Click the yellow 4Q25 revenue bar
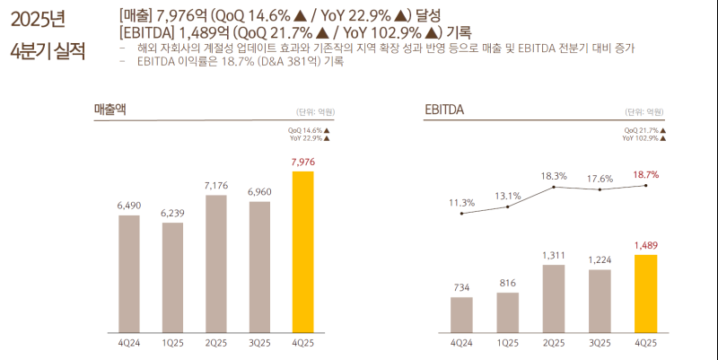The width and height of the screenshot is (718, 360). coord(303,251)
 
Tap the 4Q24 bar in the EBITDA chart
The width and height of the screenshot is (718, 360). coord(461,313)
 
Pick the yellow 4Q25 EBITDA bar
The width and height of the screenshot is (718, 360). coord(645,293)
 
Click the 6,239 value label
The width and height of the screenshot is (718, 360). coord(173,213)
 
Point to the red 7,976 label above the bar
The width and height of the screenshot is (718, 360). coord(303,162)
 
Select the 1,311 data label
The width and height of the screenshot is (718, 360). coord(554,256)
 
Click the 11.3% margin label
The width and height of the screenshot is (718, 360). coord(461,203)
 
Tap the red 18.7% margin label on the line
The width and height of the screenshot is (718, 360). coord(645,175)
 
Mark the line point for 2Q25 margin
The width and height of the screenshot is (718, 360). coord(554,187)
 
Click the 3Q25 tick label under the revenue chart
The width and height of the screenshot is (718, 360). coord(260,343)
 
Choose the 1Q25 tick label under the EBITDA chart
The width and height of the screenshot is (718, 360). coord(508,343)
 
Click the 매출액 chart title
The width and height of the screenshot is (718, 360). coord(111,110)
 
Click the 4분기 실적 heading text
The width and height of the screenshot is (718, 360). coord(47,49)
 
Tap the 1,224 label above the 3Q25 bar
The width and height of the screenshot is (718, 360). coord(600,260)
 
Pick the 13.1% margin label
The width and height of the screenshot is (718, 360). coord(508,196)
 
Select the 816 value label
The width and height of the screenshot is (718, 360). coord(508,283)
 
